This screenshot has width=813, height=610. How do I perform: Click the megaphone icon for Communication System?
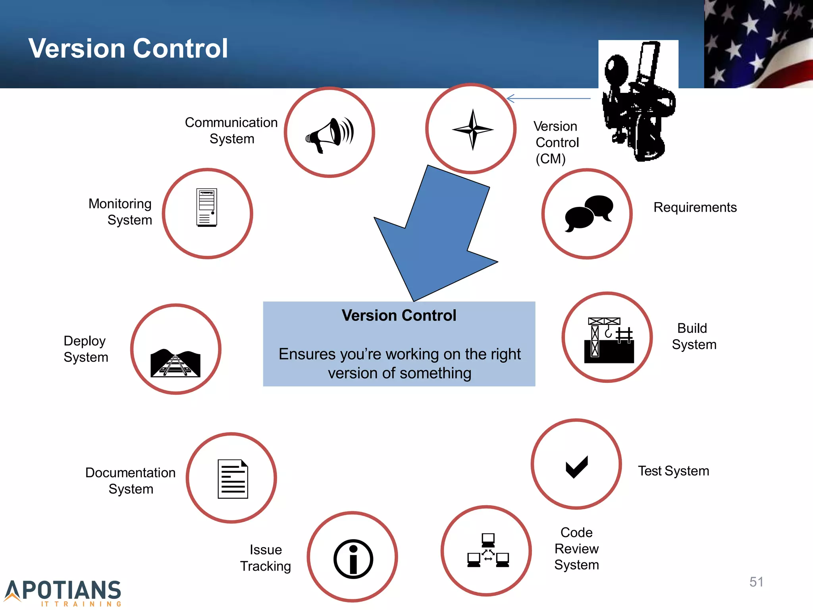pyautogui.click(x=329, y=134)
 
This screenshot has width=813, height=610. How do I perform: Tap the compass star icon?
pyautogui.click(x=472, y=129)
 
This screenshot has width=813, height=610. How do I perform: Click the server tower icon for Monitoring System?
pyautogui.click(x=207, y=207)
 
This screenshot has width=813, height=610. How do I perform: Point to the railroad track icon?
pyautogui.click(x=175, y=363)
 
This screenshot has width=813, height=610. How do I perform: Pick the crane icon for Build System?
pyautogui.click(x=609, y=340)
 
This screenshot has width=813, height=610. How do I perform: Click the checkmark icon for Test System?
pyautogui.click(x=576, y=467)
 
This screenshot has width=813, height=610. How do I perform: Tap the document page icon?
pyautogui.click(x=233, y=479)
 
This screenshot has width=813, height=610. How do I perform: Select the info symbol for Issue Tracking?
pyautogui.click(x=353, y=559)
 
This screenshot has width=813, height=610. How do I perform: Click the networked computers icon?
pyautogui.click(x=488, y=551)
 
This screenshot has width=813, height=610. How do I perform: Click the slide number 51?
pyautogui.click(x=756, y=582)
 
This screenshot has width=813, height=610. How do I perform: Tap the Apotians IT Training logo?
pyautogui.click(x=64, y=593)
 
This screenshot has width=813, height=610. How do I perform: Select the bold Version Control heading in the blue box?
pyautogui.click(x=399, y=315)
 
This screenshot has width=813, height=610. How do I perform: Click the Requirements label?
pyautogui.click(x=695, y=207)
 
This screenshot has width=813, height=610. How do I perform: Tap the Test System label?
pyautogui.click(x=673, y=471)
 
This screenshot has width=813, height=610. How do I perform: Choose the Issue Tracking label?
pyautogui.click(x=266, y=558)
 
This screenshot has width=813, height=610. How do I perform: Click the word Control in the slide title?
pyautogui.click(x=180, y=48)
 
